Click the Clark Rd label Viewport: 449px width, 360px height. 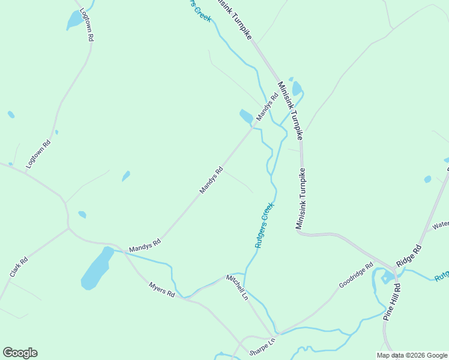(x=19, y=268)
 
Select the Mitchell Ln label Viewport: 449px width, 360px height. (x=237, y=287)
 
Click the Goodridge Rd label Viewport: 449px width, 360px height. (x=356, y=275)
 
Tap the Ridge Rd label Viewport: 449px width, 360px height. (x=409, y=256)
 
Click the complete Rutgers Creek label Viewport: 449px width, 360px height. (x=264, y=225)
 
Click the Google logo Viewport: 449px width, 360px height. (x=20, y=353)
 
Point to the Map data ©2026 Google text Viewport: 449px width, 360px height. (x=412, y=355)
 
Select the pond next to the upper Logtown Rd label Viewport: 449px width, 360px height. (x=74, y=20)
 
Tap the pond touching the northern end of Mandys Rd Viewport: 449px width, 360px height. (x=246, y=116)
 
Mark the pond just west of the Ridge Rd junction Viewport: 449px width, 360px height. (x=387, y=277)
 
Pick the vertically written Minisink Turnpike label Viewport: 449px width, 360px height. (x=301, y=198)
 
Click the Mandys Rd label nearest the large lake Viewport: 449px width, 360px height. (x=145, y=245)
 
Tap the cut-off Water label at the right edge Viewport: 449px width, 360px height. (x=440, y=225)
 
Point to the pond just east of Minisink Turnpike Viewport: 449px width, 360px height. (x=297, y=88)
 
